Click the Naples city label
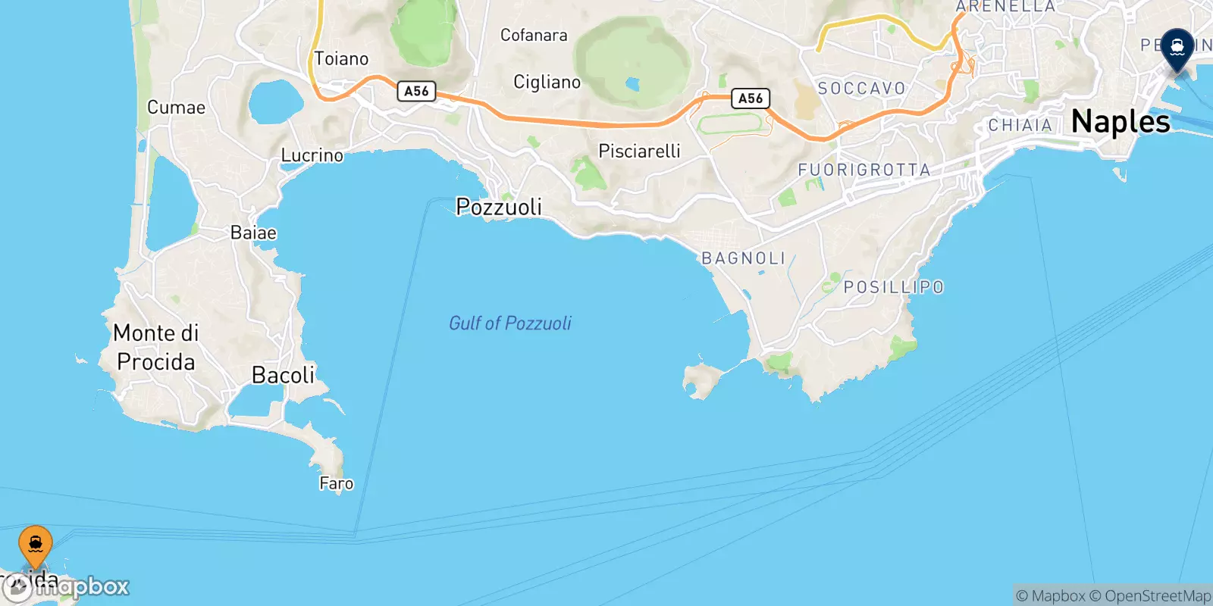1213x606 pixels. pyautogui.click(x=1121, y=122)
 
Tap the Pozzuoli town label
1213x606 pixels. pyautogui.click(x=499, y=207)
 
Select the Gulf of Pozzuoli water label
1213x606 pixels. pyautogui.click(x=510, y=323)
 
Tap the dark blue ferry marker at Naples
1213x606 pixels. pyautogui.click(x=1177, y=48)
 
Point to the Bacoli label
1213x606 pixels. pyautogui.click(x=283, y=375)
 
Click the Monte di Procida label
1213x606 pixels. pyautogui.click(x=155, y=348)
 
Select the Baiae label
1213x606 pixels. pyautogui.click(x=253, y=233)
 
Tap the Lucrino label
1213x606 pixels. pyautogui.click(x=312, y=155)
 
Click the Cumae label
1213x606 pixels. pyautogui.click(x=176, y=108)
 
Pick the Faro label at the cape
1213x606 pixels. pyautogui.click(x=336, y=483)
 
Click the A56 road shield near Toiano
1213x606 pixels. pyautogui.click(x=416, y=91)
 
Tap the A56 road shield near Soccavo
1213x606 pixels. pyautogui.click(x=751, y=98)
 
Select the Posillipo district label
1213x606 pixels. pyautogui.click(x=894, y=288)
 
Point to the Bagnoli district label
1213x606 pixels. pyautogui.click(x=744, y=258)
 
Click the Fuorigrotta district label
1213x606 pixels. pyautogui.click(x=864, y=170)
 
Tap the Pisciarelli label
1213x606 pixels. pyautogui.click(x=639, y=151)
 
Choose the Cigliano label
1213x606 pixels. pyautogui.click(x=547, y=82)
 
